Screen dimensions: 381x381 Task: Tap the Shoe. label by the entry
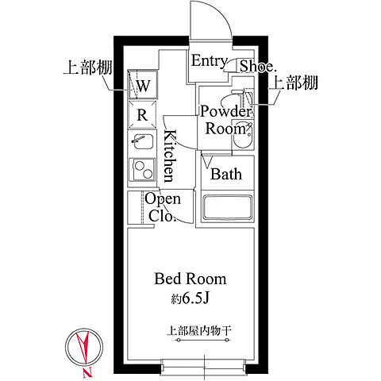(x=257, y=67)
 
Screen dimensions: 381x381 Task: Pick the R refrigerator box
(x=143, y=114)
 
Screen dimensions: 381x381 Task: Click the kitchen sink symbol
(x=143, y=143)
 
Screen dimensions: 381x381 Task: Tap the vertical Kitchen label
(x=169, y=156)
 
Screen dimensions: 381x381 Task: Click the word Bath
(x=226, y=174)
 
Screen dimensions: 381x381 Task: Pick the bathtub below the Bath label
(x=226, y=208)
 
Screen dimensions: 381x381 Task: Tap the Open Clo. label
(x=162, y=208)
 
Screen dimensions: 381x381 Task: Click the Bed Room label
(x=190, y=279)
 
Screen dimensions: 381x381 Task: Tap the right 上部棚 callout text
(x=294, y=83)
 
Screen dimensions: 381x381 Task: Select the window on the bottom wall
(x=203, y=367)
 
